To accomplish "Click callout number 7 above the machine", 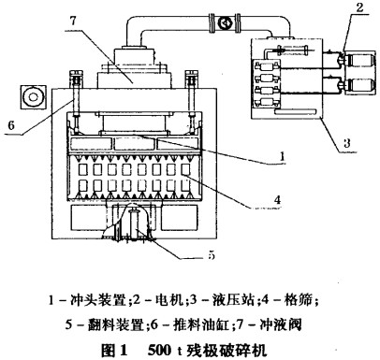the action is pyautogui.click(x=73, y=21).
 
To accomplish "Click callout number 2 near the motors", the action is pyautogui.click(x=359, y=7).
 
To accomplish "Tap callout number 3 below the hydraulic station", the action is pyautogui.click(x=346, y=143).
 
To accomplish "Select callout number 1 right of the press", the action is pyautogui.click(x=282, y=155).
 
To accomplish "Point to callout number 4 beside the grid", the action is pyautogui.click(x=277, y=199).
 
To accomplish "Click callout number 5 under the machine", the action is pyautogui.click(x=212, y=255).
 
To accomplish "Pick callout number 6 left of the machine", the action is pyautogui.click(x=11, y=125).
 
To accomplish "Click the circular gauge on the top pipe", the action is pyautogui.click(x=225, y=22).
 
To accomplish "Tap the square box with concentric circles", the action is pyautogui.click(x=34, y=97).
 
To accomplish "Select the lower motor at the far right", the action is pyautogui.click(x=359, y=86).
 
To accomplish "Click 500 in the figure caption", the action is pyautogui.click(x=160, y=351).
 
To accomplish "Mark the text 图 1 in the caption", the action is pyautogui.click(x=115, y=351).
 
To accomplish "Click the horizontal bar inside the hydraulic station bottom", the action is pyautogui.click(x=296, y=111).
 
